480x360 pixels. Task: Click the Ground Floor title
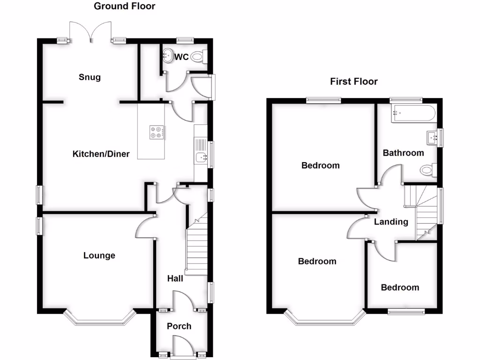coord(124,6)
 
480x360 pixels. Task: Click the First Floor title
coord(354,82)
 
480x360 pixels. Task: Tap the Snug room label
coord(90,77)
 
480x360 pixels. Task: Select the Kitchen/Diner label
coord(101,154)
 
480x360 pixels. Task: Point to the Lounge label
coord(99,255)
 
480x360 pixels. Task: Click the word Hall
coord(175,278)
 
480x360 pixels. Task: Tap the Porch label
coord(179,326)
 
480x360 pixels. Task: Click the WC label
coord(181,57)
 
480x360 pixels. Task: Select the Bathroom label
coord(403,153)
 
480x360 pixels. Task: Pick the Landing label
coord(391,222)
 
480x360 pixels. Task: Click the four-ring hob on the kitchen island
coord(157,132)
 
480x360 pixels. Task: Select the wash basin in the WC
coord(168,57)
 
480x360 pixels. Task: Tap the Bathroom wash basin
coord(432,137)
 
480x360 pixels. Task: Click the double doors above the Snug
coord(90,32)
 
